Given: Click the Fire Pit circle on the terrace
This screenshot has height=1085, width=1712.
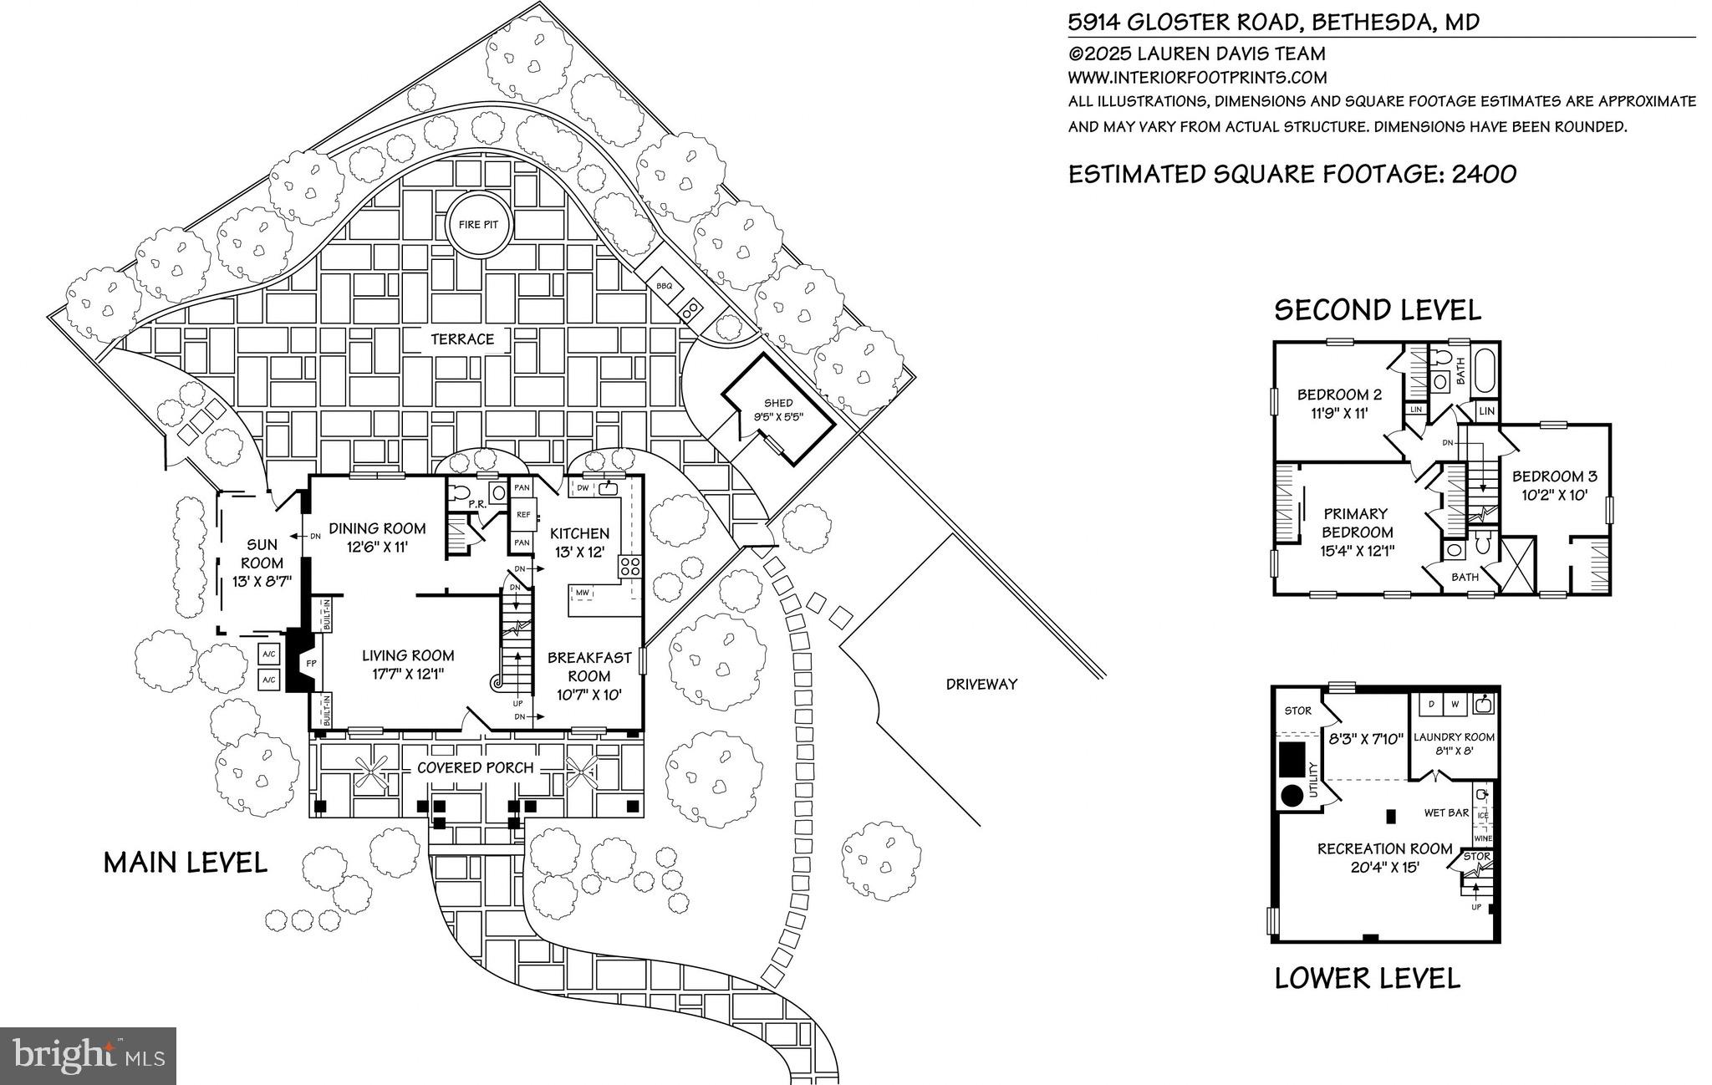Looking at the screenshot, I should pyautogui.click(x=478, y=224).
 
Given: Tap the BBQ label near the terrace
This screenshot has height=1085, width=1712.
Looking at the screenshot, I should pyautogui.click(x=664, y=285).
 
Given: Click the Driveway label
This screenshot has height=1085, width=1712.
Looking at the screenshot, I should pyautogui.click(x=981, y=684).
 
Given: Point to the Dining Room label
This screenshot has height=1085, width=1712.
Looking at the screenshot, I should pyautogui.click(x=377, y=528).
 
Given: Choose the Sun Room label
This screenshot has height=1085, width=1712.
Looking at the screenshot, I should pyautogui.click(x=262, y=553).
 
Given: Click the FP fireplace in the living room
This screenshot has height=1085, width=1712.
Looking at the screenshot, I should pyautogui.click(x=311, y=663).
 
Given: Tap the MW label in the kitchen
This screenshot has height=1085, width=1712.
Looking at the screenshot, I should pyautogui.click(x=582, y=593).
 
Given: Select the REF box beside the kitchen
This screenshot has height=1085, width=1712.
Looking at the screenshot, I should pyautogui.click(x=523, y=515).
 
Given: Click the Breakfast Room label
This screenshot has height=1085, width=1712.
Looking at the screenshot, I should pyautogui.click(x=589, y=666).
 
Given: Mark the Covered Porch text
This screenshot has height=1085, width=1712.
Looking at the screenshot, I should pyautogui.click(x=474, y=767).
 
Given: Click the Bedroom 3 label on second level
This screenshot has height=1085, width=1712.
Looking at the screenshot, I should pyautogui.click(x=1554, y=476).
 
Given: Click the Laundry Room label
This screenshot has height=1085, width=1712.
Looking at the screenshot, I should pyautogui.click(x=1454, y=736).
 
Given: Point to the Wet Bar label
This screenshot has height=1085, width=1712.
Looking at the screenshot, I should pyautogui.click(x=1446, y=812).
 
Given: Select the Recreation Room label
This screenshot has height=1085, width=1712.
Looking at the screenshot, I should pyautogui.click(x=1384, y=848).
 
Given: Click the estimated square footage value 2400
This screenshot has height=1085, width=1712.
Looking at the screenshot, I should pyautogui.click(x=1484, y=174).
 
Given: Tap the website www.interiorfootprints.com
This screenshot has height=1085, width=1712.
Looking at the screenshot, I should pyautogui.click(x=1197, y=78).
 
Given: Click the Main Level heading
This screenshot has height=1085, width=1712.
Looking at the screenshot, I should pyautogui.click(x=185, y=863).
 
